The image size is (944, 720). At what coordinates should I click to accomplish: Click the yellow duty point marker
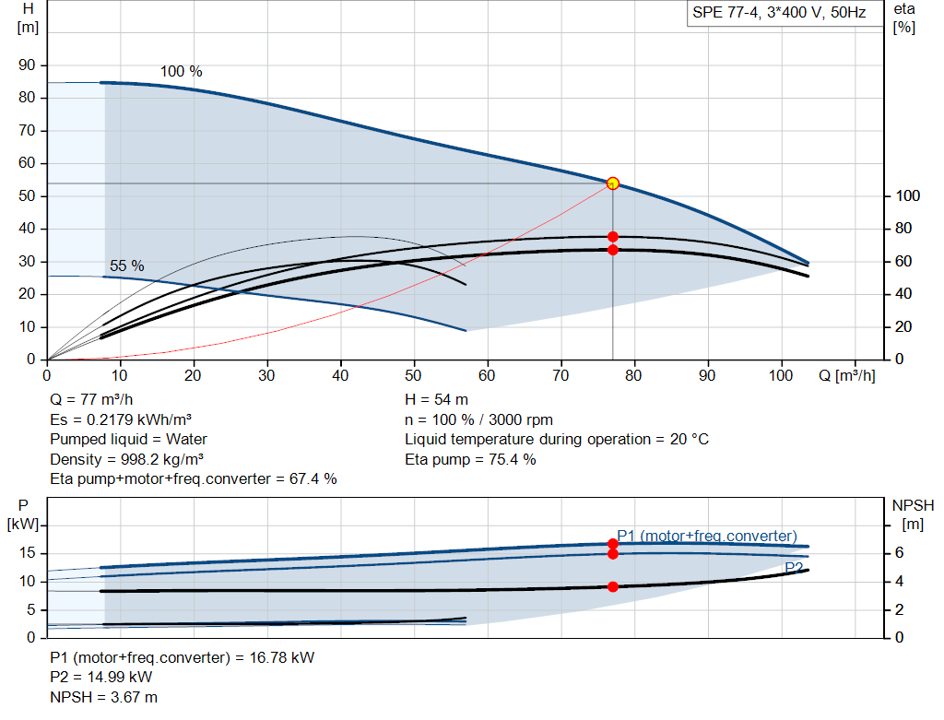(612, 183)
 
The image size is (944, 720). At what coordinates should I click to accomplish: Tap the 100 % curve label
(182, 72)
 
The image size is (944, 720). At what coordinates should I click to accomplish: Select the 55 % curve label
(127, 266)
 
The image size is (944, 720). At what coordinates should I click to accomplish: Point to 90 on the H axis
(27, 65)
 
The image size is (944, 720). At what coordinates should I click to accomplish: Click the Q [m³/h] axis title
(847, 375)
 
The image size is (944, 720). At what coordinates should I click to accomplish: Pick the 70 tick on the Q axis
(560, 375)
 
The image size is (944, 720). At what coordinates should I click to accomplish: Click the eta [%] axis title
(904, 18)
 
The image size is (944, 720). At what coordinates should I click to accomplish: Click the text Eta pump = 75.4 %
(470, 459)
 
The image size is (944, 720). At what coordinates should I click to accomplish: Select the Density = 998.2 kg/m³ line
(126, 459)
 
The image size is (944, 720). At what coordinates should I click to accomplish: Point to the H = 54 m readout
(436, 400)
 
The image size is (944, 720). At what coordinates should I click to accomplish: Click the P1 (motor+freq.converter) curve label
(707, 536)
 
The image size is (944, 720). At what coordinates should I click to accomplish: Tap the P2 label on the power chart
(794, 568)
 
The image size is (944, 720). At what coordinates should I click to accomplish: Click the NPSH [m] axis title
(913, 514)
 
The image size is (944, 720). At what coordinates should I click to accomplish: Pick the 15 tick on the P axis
(27, 553)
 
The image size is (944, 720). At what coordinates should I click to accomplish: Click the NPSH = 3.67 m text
(103, 697)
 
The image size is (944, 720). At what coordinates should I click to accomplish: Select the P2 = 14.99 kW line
(101, 678)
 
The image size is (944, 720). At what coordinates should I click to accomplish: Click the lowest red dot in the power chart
(612, 586)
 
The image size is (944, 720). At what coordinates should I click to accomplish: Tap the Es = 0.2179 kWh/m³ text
(121, 419)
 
